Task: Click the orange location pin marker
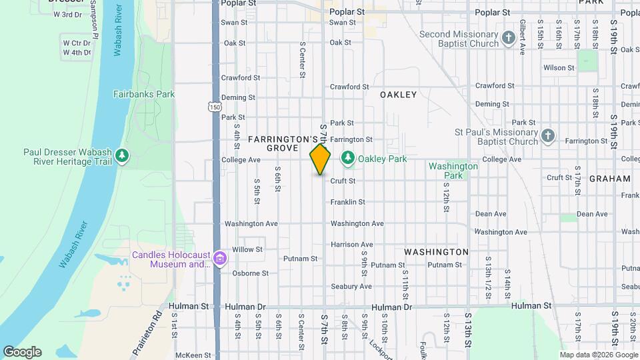point(320,160)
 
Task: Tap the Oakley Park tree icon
point(347,159)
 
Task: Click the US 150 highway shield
point(215,107)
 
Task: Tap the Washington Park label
point(453,171)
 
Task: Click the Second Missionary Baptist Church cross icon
point(509,37)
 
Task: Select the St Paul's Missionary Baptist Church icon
point(547,136)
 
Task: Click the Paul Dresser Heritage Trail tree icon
point(121,156)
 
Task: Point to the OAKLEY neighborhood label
point(398,95)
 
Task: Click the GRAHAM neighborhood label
point(609,179)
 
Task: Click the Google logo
point(21,352)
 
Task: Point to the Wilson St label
point(559,68)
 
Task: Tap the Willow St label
point(247,249)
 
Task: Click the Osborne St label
point(250,273)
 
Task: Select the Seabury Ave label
point(351,287)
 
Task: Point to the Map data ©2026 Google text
point(598,354)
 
